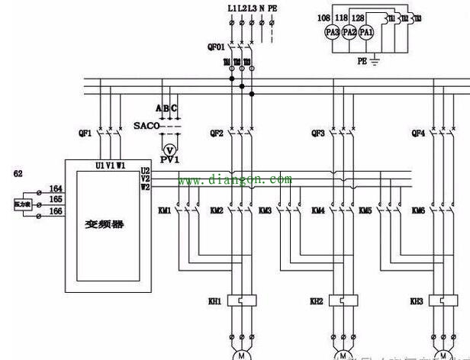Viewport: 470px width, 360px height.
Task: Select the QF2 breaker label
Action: point(216,133)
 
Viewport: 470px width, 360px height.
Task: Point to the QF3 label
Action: point(318,133)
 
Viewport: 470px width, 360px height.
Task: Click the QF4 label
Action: point(418,133)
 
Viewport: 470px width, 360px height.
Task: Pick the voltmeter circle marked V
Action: point(170,147)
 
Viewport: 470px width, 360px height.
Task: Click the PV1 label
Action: point(169,161)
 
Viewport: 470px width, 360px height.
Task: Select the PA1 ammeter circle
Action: point(367,33)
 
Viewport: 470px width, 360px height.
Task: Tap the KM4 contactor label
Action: point(318,211)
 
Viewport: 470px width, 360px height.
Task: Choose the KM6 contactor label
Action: point(418,211)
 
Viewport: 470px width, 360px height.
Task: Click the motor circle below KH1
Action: point(241,355)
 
